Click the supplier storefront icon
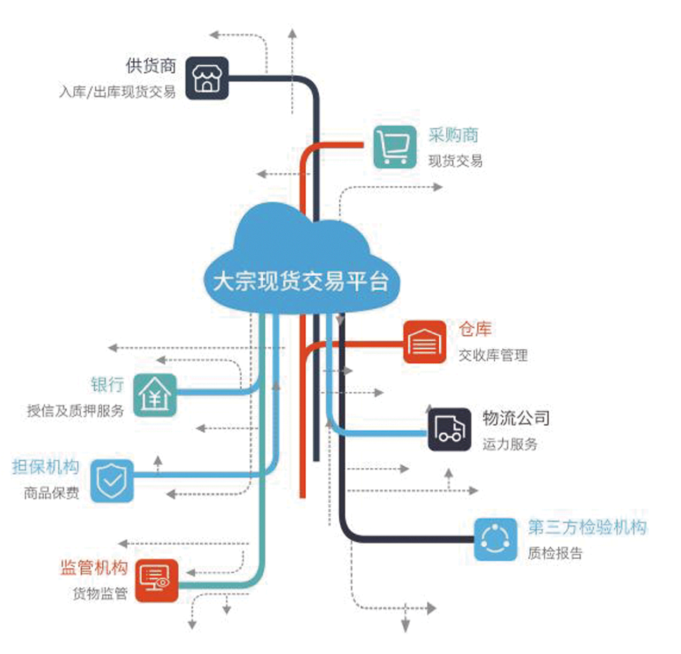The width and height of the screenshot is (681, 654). (x=207, y=79)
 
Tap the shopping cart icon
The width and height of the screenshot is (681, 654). (x=395, y=146)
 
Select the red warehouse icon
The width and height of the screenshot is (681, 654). (x=425, y=342)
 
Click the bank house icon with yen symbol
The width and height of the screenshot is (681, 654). (x=155, y=395)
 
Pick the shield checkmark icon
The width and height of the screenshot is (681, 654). (x=112, y=481)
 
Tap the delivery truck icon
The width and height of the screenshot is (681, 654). (x=449, y=430)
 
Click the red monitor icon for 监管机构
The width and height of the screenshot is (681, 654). (x=156, y=580)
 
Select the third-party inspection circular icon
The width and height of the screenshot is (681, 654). (x=495, y=539)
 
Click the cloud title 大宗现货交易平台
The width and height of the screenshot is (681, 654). (x=300, y=281)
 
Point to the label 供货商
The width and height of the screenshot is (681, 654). (x=151, y=66)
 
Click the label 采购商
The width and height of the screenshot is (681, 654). (x=453, y=135)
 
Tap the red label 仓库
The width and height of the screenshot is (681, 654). (x=475, y=329)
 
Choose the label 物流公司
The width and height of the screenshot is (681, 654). (x=516, y=418)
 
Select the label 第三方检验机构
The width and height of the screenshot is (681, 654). (x=587, y=526)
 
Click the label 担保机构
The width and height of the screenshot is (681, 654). (x=46, y=467)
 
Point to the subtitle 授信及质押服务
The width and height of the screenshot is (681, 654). (x=75, y=411)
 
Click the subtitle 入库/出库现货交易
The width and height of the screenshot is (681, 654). (x=117, y=92)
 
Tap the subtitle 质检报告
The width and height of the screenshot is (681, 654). (x=554, y=553)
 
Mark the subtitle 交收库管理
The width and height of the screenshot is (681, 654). (x=493, y=355)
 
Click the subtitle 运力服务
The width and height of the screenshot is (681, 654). (x=509, y=444)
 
